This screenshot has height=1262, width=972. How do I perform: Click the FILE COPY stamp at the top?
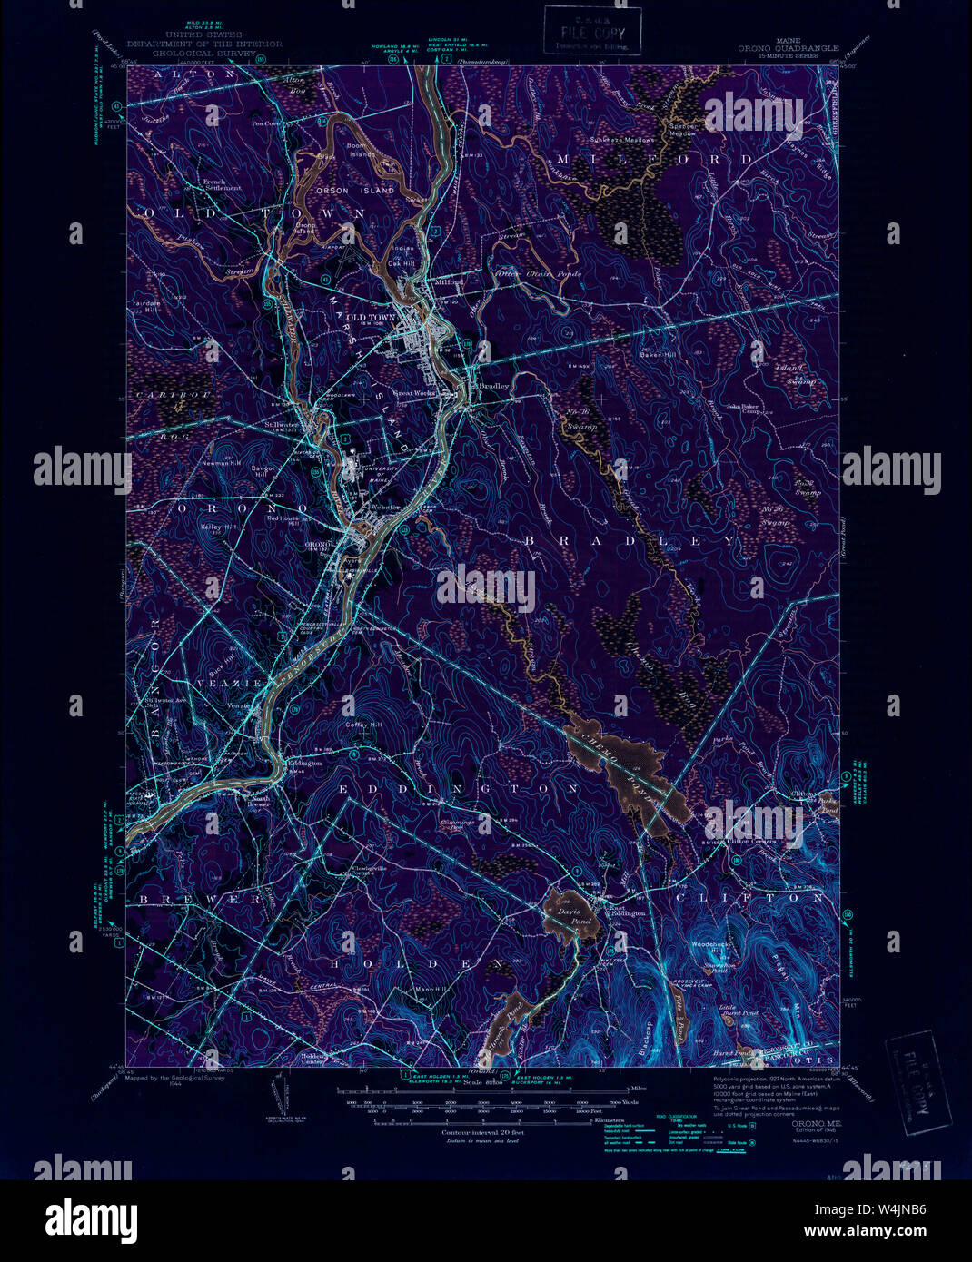coord(592,31)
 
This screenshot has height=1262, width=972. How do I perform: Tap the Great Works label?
coord(413,393)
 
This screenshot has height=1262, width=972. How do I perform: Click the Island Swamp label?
coord(794,374)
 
